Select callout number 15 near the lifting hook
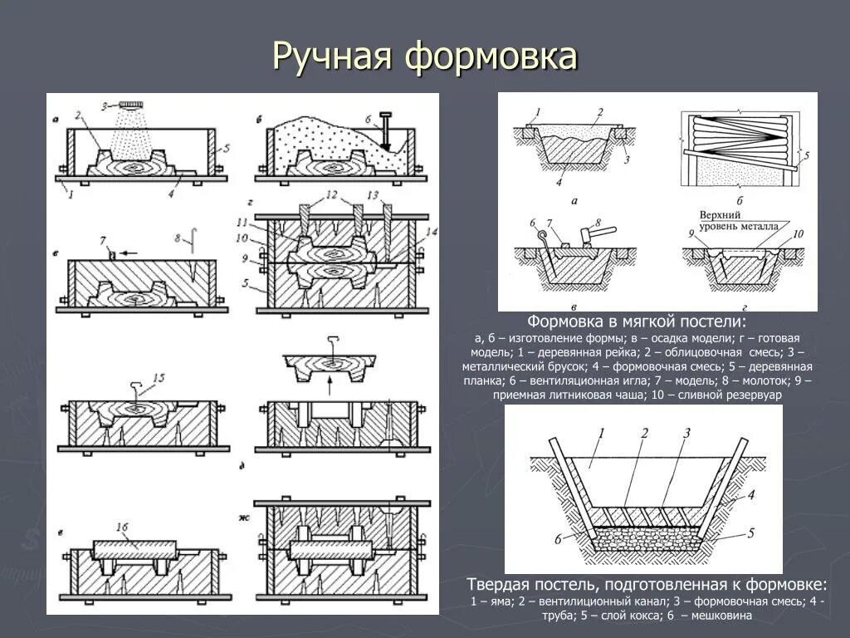[158, 378]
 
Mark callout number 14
[430, 232]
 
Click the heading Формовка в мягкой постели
[637, 321]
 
